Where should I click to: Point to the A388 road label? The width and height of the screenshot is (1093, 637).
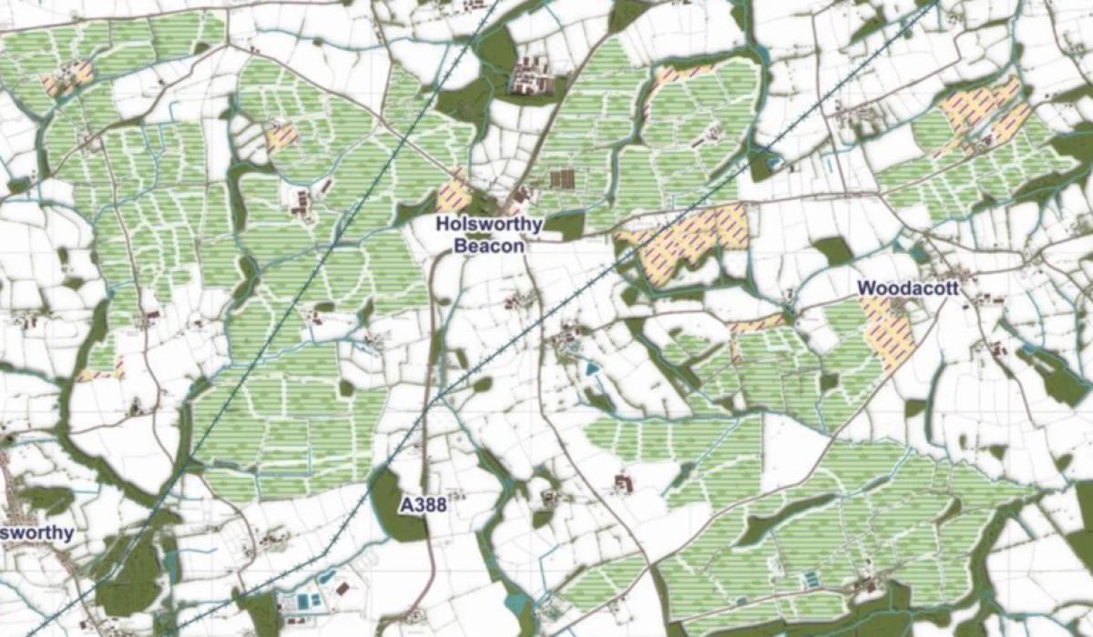[424, 505]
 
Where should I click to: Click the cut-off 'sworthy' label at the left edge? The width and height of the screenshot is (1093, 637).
[37, 532]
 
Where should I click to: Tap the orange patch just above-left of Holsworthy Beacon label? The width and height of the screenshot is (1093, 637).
[454, 196]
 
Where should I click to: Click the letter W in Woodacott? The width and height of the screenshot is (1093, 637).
[865, 288]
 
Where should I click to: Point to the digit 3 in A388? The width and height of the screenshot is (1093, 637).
[424, 505]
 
